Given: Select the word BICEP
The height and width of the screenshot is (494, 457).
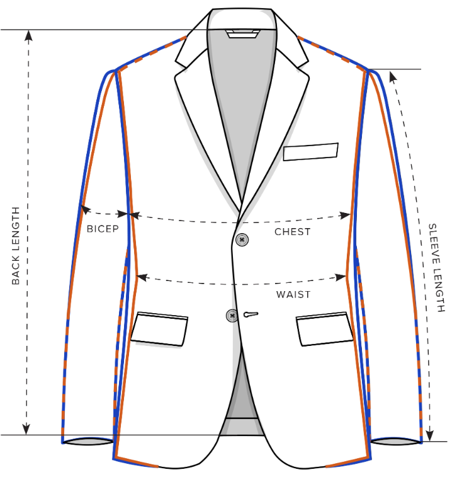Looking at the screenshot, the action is tap(103, 229).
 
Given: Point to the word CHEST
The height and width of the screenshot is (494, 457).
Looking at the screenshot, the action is tap(292, 232).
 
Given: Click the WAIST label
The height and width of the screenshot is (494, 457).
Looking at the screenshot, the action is tap(293, 294).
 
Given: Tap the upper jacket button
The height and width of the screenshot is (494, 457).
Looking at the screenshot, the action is tap(242, 239).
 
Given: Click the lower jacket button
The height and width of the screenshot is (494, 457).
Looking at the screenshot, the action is tap(233, 314).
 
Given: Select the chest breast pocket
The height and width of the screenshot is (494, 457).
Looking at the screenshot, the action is tap(310, 151).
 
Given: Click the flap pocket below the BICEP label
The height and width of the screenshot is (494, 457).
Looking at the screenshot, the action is tap(159, 328).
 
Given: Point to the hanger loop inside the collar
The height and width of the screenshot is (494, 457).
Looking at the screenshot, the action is tap(242, 33).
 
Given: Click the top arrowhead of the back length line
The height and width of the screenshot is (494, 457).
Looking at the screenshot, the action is tap(28, 35).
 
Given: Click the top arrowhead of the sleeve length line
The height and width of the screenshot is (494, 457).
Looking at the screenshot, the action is tap(392, 76).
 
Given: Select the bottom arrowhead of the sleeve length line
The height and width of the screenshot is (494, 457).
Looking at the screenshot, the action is tap(430, 434).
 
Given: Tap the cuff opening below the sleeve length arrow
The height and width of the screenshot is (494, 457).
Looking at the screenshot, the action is tap(396, 442).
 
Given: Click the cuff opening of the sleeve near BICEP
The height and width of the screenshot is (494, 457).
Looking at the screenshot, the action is tap(87, 442).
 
